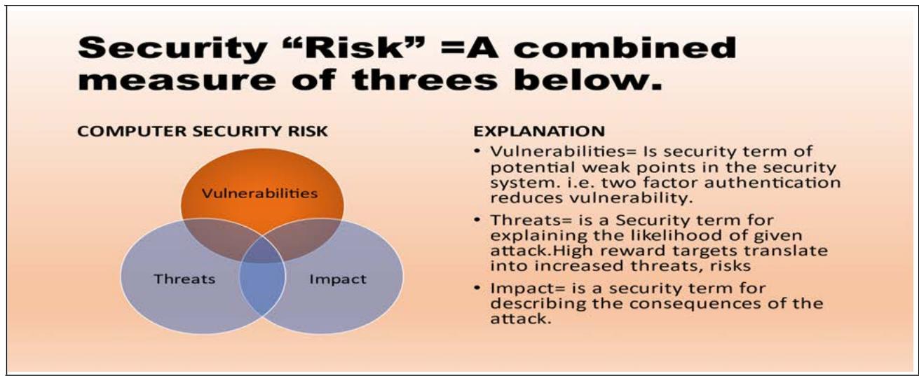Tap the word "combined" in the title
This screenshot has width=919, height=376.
tap(625, 48)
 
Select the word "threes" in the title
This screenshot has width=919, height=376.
tap(425, 79)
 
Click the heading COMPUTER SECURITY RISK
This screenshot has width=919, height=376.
tap(203, 132)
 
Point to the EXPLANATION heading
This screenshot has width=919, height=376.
tap(539, 132)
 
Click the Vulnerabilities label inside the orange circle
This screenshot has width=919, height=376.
tap(259, 193)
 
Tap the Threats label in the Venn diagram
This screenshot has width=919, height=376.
tap(184, 279)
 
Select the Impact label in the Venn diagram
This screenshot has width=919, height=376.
tap(338, 279)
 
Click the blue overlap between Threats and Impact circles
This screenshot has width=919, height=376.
tap(263, 286)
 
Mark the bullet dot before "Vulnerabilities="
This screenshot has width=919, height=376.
tap(477, 151)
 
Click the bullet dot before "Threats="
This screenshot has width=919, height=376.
tap(477, 220)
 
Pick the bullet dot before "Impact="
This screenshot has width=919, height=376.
tap(477, 288)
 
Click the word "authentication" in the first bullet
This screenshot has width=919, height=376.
tap(772, 182)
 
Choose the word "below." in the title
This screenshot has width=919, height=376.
tap(588, 79)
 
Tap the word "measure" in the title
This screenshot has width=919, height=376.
tap(177, 80)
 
